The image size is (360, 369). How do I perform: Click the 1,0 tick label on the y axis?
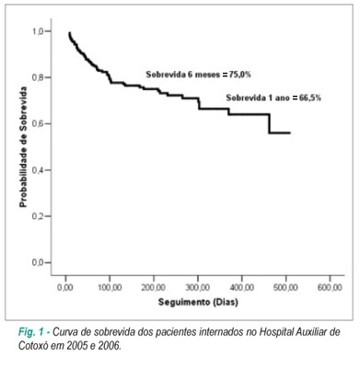pyautogui.click(x=39, y=31)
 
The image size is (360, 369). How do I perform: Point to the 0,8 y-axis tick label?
pyautogui.click(x=39, y=77)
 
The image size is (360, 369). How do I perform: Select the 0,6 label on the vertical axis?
pyautogui.click(x=39, y=124)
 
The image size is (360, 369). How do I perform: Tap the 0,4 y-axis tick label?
pyautogui.click(x=39, y=170)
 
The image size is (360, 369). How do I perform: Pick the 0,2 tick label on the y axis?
pyautogui.click(x=39, y=216)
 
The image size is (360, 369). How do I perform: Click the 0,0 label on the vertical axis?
pyautogui.click(x=39, y=263)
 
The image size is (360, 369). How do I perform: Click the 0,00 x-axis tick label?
pyautogui.click(x=65, y=288)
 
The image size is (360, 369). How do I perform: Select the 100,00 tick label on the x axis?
pyautogui.click(x=110, y=288)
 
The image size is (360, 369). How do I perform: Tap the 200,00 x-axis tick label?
pyautogui.click(x=154, y=288)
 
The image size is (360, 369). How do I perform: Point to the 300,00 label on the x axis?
pyautogui.click(x=198, y=288)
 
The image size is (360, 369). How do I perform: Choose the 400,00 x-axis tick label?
pyautogui.click(x=242, y=288)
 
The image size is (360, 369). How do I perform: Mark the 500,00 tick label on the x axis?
pyautogui.click(x=285, y=288)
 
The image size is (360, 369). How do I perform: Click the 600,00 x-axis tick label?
pyautogui.click(x=330, y=288)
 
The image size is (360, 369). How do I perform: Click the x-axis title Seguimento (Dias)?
pyautogui.click(x=198, y=303)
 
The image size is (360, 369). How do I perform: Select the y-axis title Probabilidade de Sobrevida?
pyautogui.click(x=23, y=147)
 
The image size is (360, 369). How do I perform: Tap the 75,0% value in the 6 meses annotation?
pyautogui.click(x=240, y=75)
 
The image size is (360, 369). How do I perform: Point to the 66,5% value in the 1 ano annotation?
pyautogui.click(x=310, y=98)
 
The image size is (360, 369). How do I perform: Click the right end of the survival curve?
pyautogui.click(x=290, y=133)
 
